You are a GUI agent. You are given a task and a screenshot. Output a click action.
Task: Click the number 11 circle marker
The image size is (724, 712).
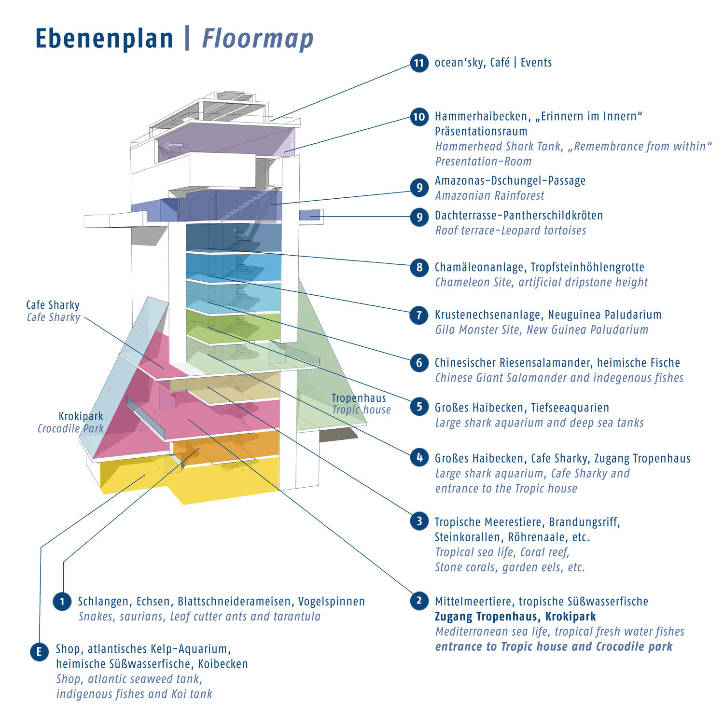coord(419,63)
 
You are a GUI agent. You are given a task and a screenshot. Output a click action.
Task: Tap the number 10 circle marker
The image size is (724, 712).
coord(419,117)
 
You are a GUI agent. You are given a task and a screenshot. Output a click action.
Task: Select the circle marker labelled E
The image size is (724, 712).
coord(39,652)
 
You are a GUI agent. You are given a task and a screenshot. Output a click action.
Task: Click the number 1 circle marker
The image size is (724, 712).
coord(62,602)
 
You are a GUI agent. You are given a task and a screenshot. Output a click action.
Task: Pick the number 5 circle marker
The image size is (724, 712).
coord(419,407)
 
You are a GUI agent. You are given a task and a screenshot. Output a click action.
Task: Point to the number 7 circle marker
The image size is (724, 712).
coord(419,315)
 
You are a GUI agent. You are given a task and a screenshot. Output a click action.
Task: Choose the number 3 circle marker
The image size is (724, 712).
coord(419,521)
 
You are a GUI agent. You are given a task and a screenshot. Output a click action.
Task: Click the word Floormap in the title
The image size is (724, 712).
coord(258,39)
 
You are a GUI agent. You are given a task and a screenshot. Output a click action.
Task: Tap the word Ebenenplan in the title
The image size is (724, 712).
coord(104,39)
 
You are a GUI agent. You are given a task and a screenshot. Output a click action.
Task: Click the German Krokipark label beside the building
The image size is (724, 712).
coord(81,416)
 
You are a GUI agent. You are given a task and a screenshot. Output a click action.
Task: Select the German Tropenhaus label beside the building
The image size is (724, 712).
coord(359,398)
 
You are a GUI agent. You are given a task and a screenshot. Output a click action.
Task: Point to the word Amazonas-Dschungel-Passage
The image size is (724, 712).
coord(510,181)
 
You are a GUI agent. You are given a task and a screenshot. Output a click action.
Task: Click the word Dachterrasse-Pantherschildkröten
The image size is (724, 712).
coord(519,216)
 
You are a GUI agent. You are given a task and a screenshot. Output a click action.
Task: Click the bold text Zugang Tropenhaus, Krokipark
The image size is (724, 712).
coord(515,616)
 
